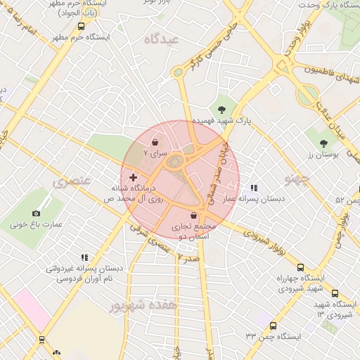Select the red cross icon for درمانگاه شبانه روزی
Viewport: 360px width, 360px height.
(134, 178)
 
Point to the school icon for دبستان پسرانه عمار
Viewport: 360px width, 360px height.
(254, 188)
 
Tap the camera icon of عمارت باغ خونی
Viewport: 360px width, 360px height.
(37, 213)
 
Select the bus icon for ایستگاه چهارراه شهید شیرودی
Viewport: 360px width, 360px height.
(301, 267)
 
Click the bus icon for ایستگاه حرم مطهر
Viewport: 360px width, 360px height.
(81, 26)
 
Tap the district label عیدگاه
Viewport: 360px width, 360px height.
(162, 39)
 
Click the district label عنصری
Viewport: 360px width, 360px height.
(72, 182)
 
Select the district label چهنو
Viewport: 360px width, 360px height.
(297, 179)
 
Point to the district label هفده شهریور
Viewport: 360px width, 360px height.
(137, 306)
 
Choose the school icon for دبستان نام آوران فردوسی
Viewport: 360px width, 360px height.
(84, 257)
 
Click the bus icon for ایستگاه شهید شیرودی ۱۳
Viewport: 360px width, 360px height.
(335, 293)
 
